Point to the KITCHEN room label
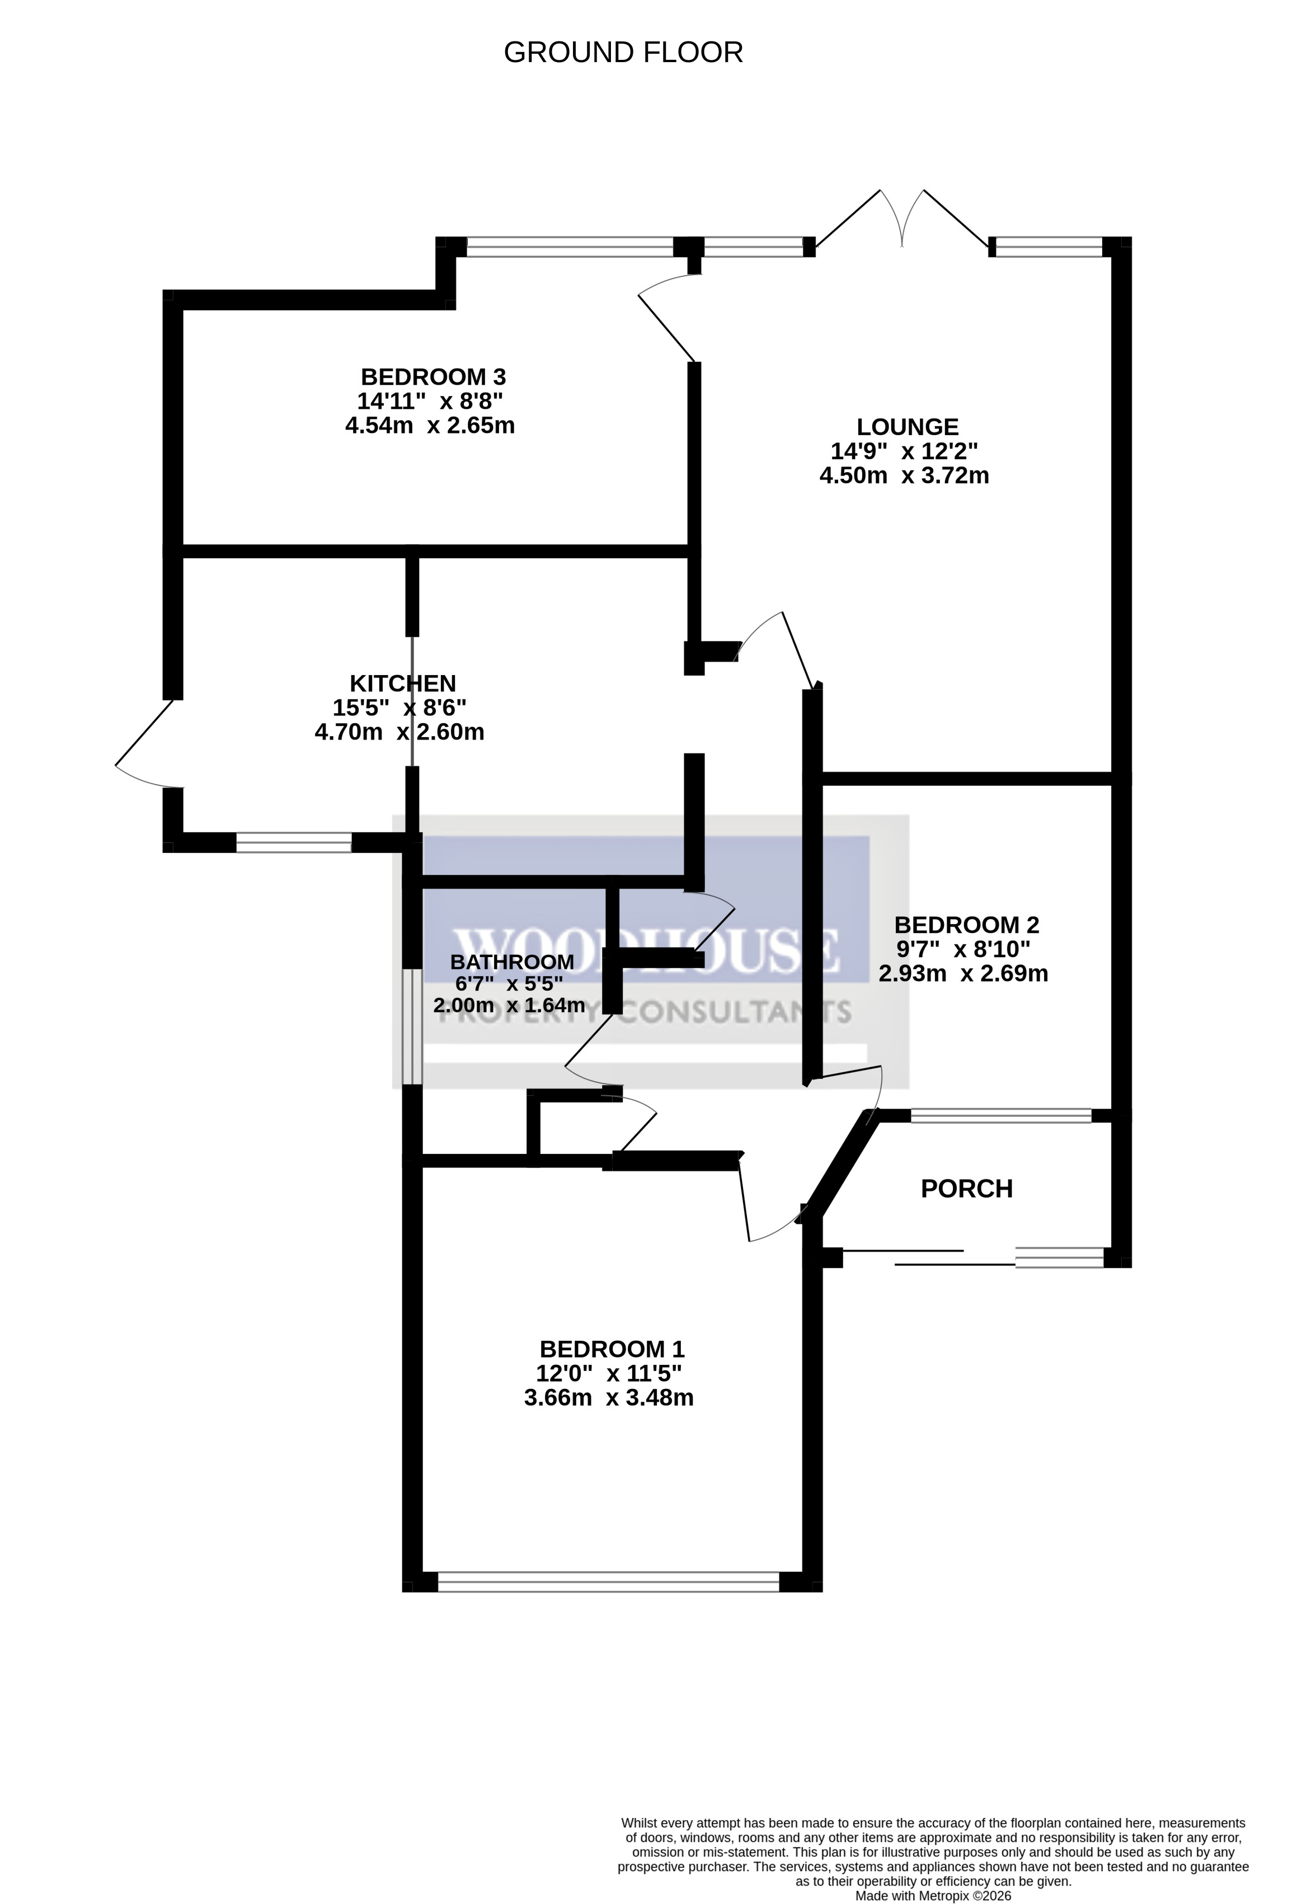pos(402,684)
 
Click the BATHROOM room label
pos(511,962)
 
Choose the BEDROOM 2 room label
pos(966,925)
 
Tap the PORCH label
pos(966,1189)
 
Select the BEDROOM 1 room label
pos(612,1349)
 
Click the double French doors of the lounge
pos(902,220)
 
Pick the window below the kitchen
pos(294,842)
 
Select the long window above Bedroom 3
pos(570,247)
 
